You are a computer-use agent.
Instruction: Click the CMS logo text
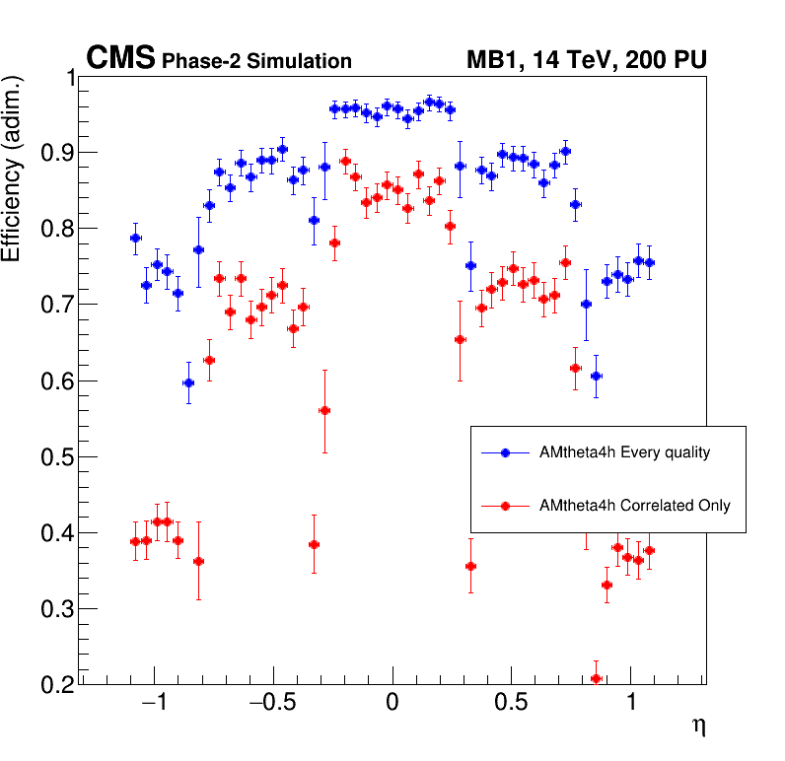click(x=120, y=59)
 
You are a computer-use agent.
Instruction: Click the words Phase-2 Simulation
click(x=256, y=61)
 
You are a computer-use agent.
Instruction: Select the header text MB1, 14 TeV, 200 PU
click(x=586, y=60)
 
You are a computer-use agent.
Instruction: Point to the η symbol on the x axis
click(x=698, y=726)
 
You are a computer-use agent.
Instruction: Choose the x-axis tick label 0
click(x=392, y=707)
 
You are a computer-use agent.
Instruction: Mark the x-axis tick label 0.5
click(x=511, y=707)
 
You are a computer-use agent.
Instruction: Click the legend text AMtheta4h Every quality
click(x=624, y=453)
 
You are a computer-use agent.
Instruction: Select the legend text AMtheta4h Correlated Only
click(x=634, y=506)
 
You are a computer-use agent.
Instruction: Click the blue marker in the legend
click(x=505, y=453)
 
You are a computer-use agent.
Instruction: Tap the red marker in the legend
click(x=505, y=506)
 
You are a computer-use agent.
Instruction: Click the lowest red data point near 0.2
click(x=596, y=678)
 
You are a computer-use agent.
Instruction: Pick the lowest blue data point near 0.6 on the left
click(x=188, y=382)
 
